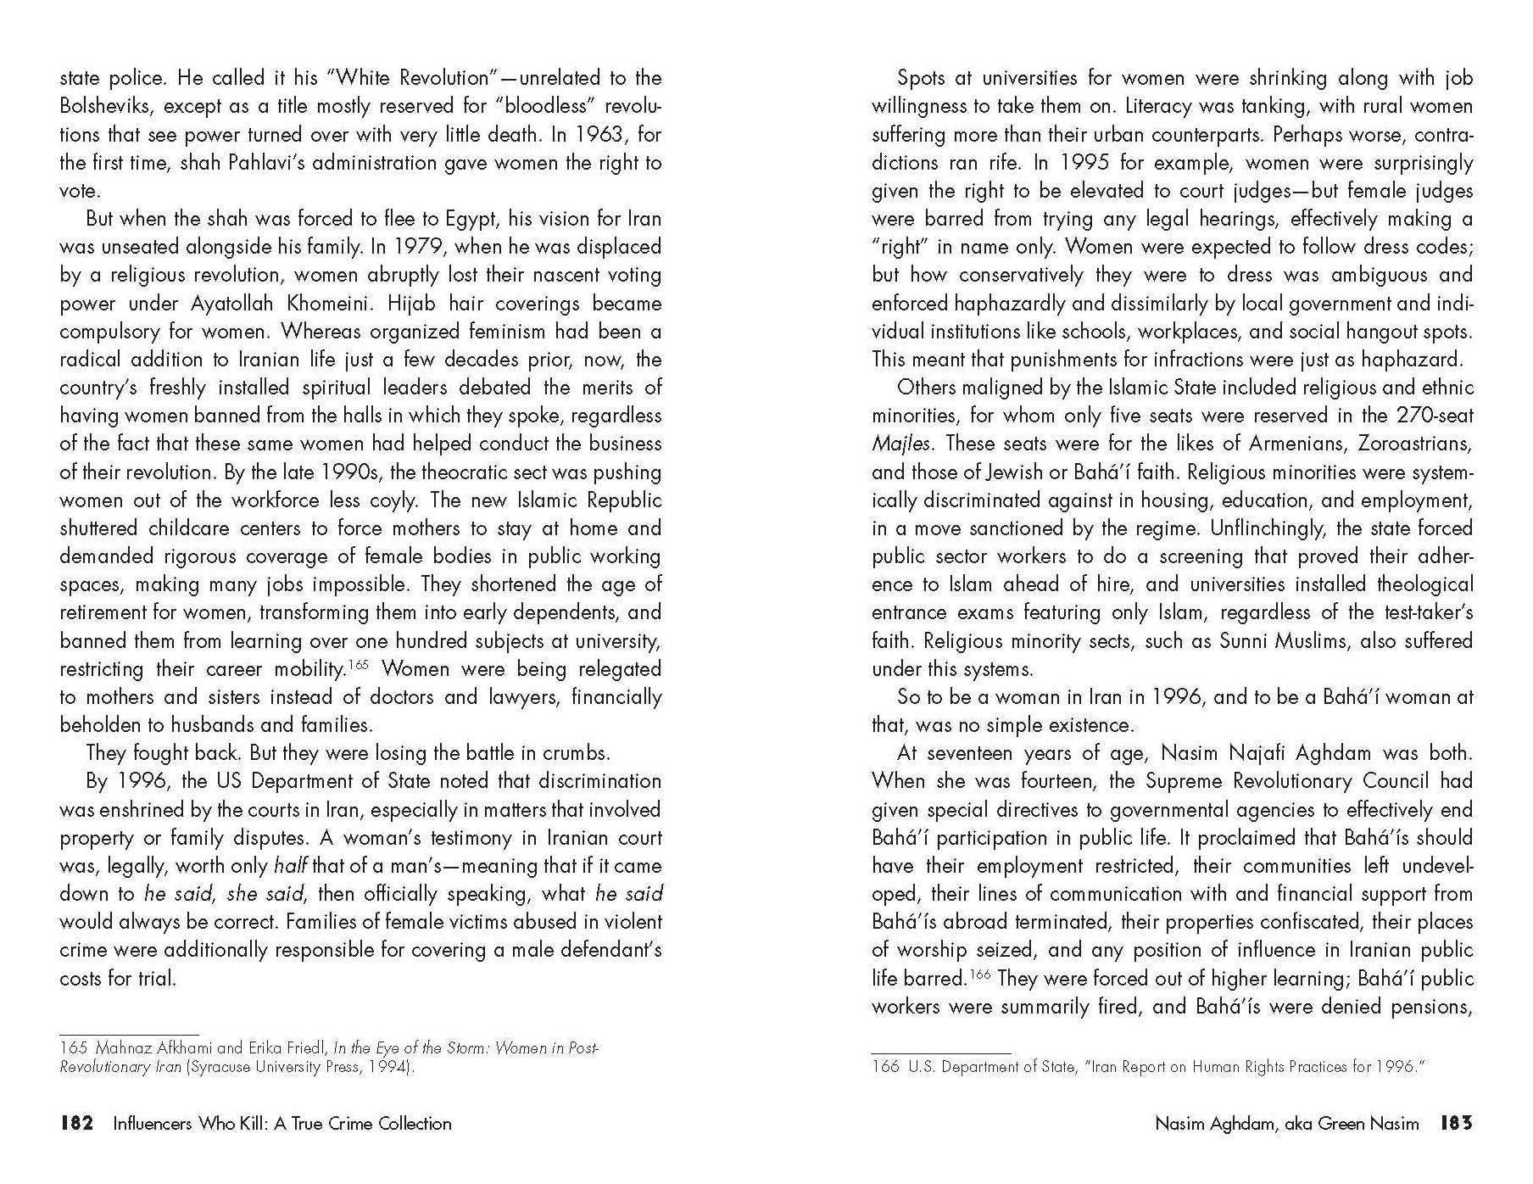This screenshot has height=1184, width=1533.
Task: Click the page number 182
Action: [x=75, y=1124]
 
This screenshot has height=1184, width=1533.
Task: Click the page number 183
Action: [x=1457, y=1124]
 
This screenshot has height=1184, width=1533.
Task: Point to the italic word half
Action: [x=291, y=866]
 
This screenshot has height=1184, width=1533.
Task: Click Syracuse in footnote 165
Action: [x=220, y=1067]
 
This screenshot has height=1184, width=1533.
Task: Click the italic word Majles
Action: [x=900, y=444]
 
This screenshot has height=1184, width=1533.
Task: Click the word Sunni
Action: [x=1246, y=641]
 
